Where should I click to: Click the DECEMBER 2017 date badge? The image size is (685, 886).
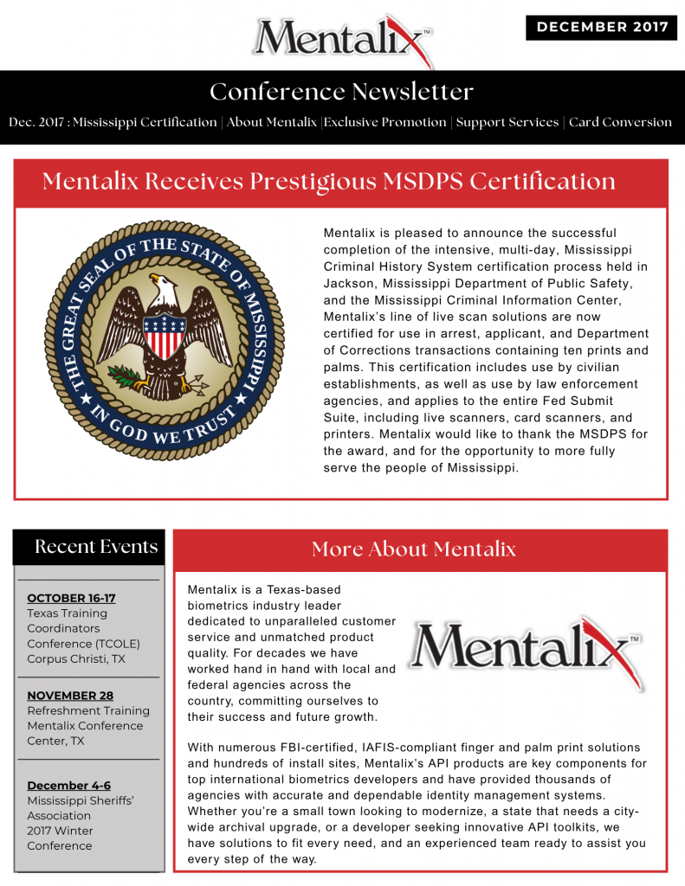coord(601,27)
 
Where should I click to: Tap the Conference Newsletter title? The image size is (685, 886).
coord(342,92)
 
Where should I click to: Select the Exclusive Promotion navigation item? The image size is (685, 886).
coord(386,122)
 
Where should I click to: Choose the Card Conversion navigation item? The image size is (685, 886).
coord(620,122)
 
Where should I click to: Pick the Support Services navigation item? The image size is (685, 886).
coord(507,122)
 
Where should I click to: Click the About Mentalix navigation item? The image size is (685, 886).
coord(272,122)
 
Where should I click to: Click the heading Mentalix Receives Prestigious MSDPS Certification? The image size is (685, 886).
coord(329,182)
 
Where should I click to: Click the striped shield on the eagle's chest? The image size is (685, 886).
coord(164,335)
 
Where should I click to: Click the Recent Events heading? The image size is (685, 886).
coord(96,547)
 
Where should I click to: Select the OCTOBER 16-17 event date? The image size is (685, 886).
coord(71,598)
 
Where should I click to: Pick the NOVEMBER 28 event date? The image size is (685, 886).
coord(70,695)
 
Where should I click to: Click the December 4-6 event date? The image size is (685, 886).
coord(68,785)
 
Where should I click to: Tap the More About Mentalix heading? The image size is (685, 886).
coord(414,549)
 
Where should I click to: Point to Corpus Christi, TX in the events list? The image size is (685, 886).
coord(76,658)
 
